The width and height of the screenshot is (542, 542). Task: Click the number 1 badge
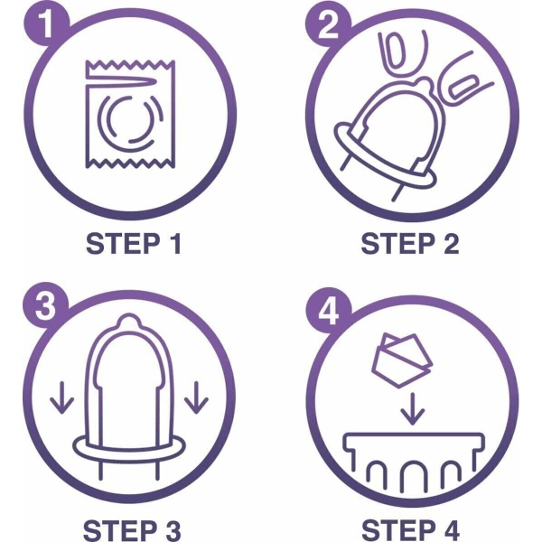46,24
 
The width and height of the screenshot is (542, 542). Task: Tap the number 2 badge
328,25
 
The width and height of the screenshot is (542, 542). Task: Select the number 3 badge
45,306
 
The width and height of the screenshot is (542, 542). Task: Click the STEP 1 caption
134,244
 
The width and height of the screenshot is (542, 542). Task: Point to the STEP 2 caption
410,244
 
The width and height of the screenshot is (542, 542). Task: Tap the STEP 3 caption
132,529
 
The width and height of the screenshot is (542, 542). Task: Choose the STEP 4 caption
411,529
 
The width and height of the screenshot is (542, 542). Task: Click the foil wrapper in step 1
130,115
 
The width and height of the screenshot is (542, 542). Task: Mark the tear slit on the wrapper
122,80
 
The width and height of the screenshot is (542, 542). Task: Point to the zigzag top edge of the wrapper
130,64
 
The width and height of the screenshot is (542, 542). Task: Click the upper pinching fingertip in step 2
403,53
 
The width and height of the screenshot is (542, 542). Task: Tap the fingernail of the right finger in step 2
463,87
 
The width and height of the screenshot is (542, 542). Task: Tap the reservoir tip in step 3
129,321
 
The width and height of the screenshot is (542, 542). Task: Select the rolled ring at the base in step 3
129,449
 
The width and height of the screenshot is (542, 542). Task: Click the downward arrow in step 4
413,408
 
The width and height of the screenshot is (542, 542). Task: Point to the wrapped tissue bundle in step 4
402,360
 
